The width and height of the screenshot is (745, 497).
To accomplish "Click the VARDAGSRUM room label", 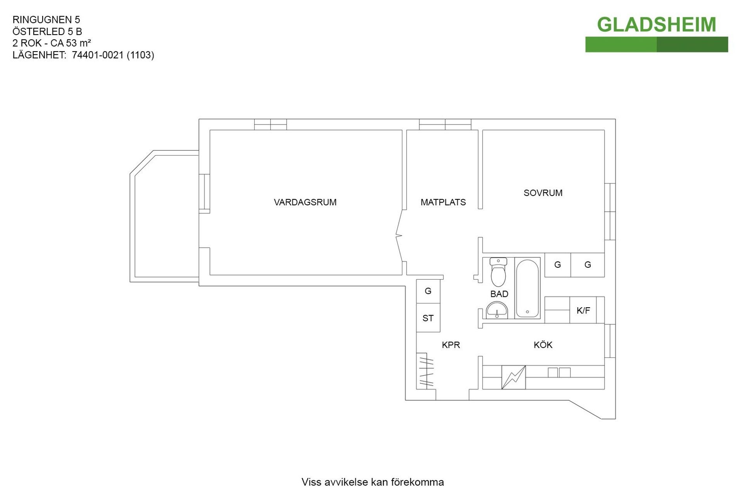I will (305, 202).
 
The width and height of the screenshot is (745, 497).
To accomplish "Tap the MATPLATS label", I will (443, 202).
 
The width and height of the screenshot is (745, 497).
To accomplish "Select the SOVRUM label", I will (543, 193).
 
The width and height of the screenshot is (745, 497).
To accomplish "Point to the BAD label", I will (499, 294).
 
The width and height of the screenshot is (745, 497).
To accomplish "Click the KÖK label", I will (543, 345).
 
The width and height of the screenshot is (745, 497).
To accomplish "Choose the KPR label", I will (451, 345).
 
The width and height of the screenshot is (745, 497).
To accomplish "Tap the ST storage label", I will (428, 318).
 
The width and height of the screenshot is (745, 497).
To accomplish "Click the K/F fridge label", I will (583, 310).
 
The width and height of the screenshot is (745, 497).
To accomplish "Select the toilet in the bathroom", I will (498, 272).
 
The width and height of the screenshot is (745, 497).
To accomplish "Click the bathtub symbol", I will (527, 288).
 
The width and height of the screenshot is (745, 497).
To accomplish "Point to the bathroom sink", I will (497, 311).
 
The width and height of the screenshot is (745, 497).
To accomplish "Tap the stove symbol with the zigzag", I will (513, 377).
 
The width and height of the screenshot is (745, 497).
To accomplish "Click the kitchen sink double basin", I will (559, 372).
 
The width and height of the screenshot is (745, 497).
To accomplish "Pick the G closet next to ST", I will (428, 291).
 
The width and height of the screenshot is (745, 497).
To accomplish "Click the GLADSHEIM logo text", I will (656, 25).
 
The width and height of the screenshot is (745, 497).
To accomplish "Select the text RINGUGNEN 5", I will (46, 20).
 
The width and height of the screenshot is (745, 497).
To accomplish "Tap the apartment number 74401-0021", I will (97, 55).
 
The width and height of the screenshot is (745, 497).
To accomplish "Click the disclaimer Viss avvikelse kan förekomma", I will (372, 482).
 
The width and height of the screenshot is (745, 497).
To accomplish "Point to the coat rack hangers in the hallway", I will (426, 371).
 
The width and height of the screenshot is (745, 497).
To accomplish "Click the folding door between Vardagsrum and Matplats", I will (399, 236).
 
